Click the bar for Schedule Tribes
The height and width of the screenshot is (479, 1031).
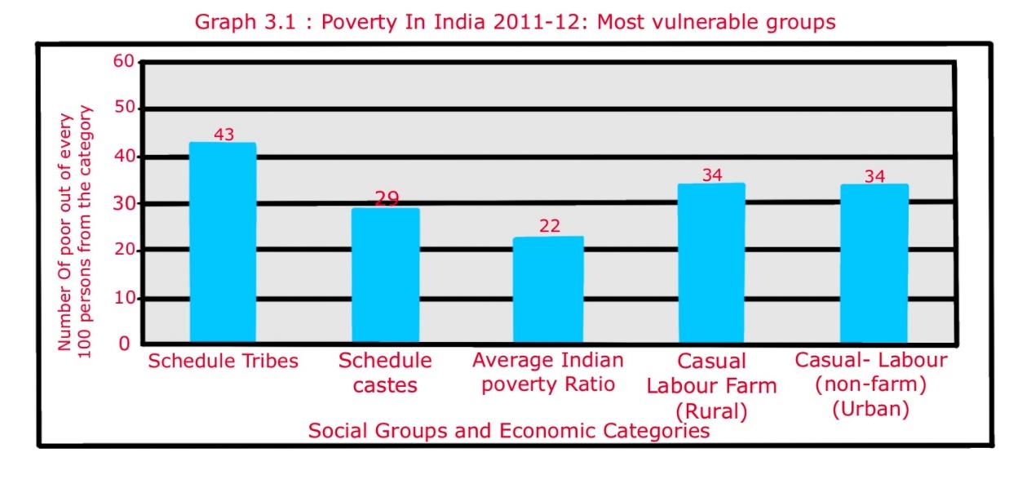click(x=222, y=242)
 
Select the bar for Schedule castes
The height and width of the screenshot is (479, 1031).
click(x=385, y=275)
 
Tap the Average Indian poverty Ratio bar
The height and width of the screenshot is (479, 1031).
click(x=548, y=289)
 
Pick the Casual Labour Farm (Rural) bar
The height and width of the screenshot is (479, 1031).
click(x=711, y=262)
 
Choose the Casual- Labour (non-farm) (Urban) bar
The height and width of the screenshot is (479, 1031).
click(x=874, y=263)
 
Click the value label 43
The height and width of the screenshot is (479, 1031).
click(x=223, y=135)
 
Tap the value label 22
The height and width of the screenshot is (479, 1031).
click(x=549, y=226)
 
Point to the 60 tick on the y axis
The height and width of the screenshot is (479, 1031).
click(x=122, y=61)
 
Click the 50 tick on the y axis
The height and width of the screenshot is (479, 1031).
click(x=122, y=109)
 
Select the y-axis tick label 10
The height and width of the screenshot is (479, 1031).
click(x=122, y=298)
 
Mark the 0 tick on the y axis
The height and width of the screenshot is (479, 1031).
click(x=124, y=344)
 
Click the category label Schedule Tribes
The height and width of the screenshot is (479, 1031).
click(x=223, y=361)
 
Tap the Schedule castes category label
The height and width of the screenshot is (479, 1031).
click(x=385, y=372)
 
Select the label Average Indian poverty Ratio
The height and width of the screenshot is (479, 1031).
click(x=548, y=372)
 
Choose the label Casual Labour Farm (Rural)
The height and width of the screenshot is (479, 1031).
click(x=711, y=385)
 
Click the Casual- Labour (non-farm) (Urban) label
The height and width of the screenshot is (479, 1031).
click(x=871, y=384)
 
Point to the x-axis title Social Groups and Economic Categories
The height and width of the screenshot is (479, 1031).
click(x=508, y=430)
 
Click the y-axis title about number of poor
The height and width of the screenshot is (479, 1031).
click(x=74, y=228)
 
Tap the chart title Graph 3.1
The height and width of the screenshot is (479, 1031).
click(x=515, y=22)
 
